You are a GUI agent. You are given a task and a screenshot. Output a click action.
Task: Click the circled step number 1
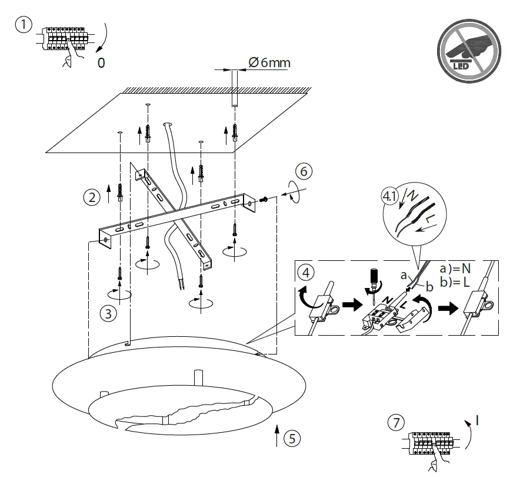[x=23, y=25]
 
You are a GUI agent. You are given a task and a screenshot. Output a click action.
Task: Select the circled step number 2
[x=91, y=197]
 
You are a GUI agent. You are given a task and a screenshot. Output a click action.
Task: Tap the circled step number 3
[x=106, y=314]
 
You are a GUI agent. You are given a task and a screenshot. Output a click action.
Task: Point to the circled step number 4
[x=305, y=273]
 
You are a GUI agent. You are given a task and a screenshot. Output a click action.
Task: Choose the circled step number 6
[x=303, y=172]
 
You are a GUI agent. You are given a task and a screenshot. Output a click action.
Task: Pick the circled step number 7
[x=396, y=422]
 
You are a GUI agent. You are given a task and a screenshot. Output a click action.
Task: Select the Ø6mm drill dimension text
[x=269, y=62]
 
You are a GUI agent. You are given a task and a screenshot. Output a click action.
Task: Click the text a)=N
[x=455, y=269]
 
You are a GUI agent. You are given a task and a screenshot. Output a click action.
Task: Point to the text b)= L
[x=455, y=282]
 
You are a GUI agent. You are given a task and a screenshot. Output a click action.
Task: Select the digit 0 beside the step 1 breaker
[x=101, y=64]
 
